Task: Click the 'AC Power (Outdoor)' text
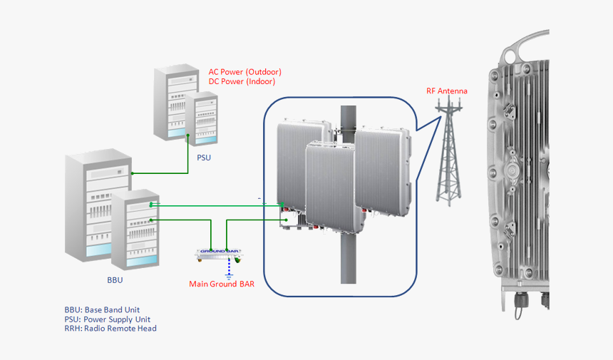click(244, 72)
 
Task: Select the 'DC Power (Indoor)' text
click(242, 81)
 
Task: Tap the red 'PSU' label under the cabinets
click(204, 158)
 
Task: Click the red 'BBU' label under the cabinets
click(115, 280)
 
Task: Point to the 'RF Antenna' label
click(447, 91)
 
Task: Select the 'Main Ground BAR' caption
click(222, 284)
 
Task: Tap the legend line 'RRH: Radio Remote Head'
click(110, 329)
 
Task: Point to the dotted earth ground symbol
click(229, 269)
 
